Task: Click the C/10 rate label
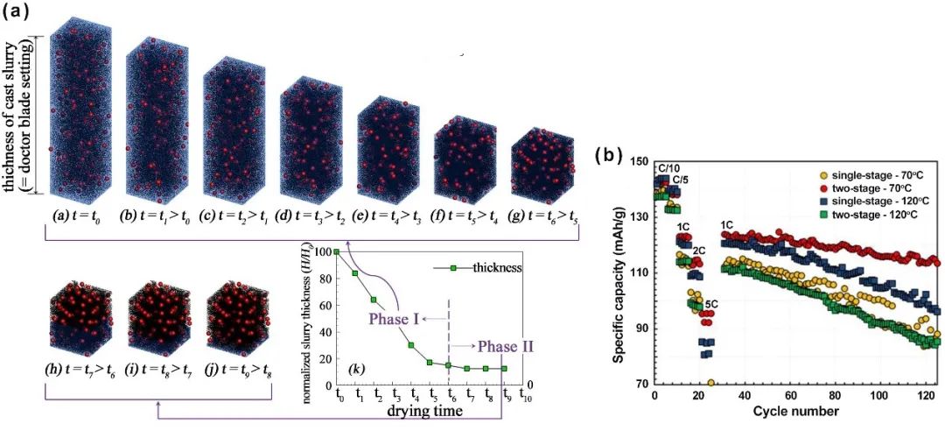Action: coord(669,168)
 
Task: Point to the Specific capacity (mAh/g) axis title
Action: coord(620,273)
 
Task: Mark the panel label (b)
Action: coord(610,157)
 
